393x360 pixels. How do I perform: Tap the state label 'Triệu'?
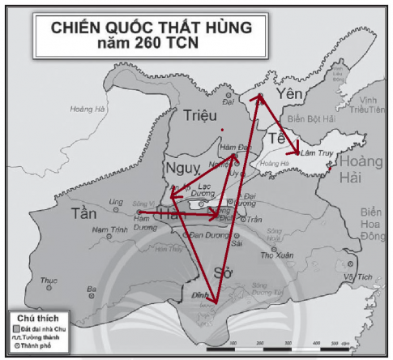click(202, 116)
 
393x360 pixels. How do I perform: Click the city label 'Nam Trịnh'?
click(107, 230)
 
